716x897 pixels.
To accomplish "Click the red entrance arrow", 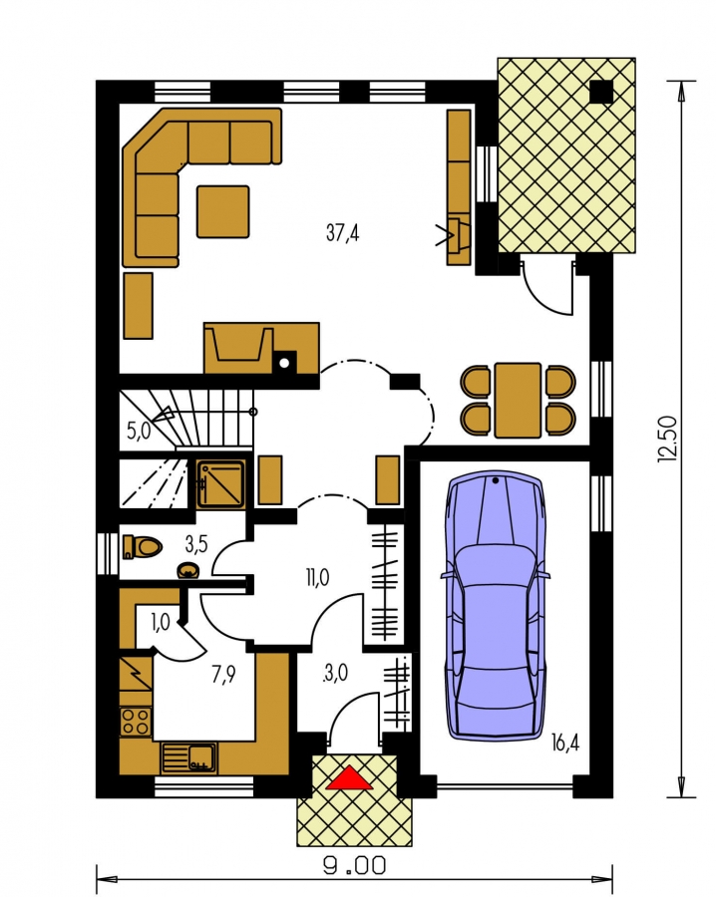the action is [x=349, y=778].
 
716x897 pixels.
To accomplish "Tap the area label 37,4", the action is [x=342, y=233].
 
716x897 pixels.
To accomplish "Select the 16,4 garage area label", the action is [x=565, y=743].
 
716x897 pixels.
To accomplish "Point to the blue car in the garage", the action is [x=495, y=605].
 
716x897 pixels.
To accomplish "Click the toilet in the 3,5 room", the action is [x=142, y=547].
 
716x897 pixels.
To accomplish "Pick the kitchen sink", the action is [x=188, y=757].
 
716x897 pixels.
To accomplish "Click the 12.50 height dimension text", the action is [x=667, y=439].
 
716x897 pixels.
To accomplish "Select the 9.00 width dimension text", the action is [x=355, y=865].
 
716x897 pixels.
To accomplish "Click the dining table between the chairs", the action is [x=518, y=400].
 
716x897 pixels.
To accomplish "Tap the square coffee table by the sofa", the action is [x=222, y=211].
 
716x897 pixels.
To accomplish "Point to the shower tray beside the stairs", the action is [x=221, y=484].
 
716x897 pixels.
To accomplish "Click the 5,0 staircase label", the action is [x=139, y=431].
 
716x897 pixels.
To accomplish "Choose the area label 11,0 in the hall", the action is [x=317, y=578].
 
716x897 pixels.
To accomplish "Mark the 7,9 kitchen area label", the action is [x=223, y=675].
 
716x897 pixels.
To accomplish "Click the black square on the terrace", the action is [x=601, y=92].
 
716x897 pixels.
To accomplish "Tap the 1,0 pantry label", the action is [x=161, y=622].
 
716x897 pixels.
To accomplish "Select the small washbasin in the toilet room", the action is [x=188, y=571].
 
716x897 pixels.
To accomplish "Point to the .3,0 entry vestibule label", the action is [x=335, y=673].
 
